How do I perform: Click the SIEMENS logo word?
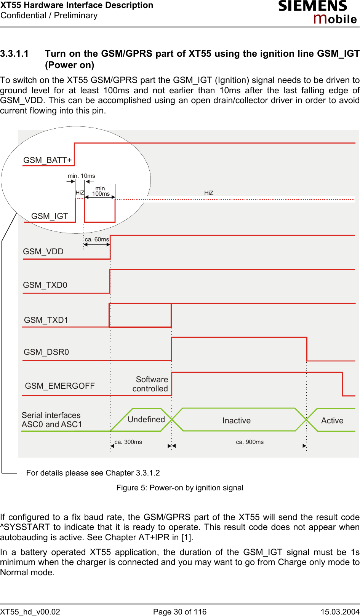[x=313, y=6]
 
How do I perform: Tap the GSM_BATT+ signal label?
[x=48, y=160]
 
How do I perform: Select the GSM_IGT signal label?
[x=50, y=216]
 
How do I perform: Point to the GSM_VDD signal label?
[x=43, y=252]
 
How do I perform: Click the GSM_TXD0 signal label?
[x=45, y=285]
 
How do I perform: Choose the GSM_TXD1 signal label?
[x=46, y=320]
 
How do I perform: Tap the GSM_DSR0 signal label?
[x=46, y=352]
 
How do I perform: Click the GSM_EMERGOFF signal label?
[x=60, y=386]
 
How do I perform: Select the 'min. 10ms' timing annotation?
[x=82, y=176]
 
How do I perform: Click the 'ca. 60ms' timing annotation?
[x=97, y=239]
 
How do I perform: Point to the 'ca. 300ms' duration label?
[x=128, y=442]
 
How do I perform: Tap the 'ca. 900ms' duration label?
[x=250, y=442]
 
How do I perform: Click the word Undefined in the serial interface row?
[x=146, y=420]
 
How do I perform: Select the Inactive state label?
[x=237, y=421]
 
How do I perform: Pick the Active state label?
[x=332, y=421]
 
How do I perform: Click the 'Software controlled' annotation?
[x=150, y=384]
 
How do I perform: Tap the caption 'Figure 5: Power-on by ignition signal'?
[x=180, y=488]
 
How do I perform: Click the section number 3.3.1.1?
[x=14, y=54]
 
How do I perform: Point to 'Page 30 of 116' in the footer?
[x=180, y=611]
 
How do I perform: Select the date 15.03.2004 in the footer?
[x=340, y=611]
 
